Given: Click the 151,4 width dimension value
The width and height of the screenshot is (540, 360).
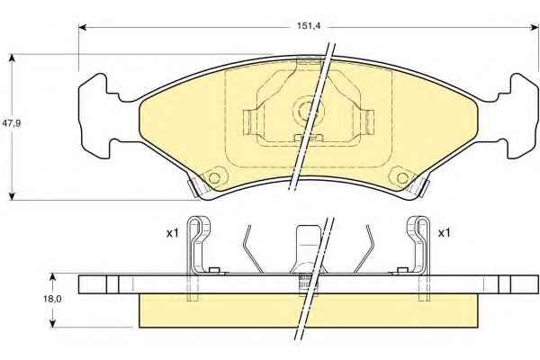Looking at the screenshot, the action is click(x=309, y=26).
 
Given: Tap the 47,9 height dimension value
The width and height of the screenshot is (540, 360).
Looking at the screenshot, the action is click(x=12, y=123).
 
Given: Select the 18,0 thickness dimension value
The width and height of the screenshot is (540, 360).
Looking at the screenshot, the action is click(x=52, y=299).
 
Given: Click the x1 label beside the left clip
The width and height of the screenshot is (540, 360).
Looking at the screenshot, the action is click(x=173, y=233).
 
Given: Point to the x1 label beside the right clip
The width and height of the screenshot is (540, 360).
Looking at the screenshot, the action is click(x=444, y=233).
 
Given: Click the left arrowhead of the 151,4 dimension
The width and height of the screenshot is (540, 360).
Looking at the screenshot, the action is click(x=83, y=27).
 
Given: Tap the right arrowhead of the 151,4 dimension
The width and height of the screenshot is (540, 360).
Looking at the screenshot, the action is click(x=534, y=27).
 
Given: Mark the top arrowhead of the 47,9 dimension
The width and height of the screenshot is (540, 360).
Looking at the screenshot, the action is click(x=13, y=58).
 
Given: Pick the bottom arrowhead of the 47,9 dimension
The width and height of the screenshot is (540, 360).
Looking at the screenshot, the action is click(x=13, y=196).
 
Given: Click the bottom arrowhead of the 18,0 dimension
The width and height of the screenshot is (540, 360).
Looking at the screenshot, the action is click(x=52, y=323).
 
